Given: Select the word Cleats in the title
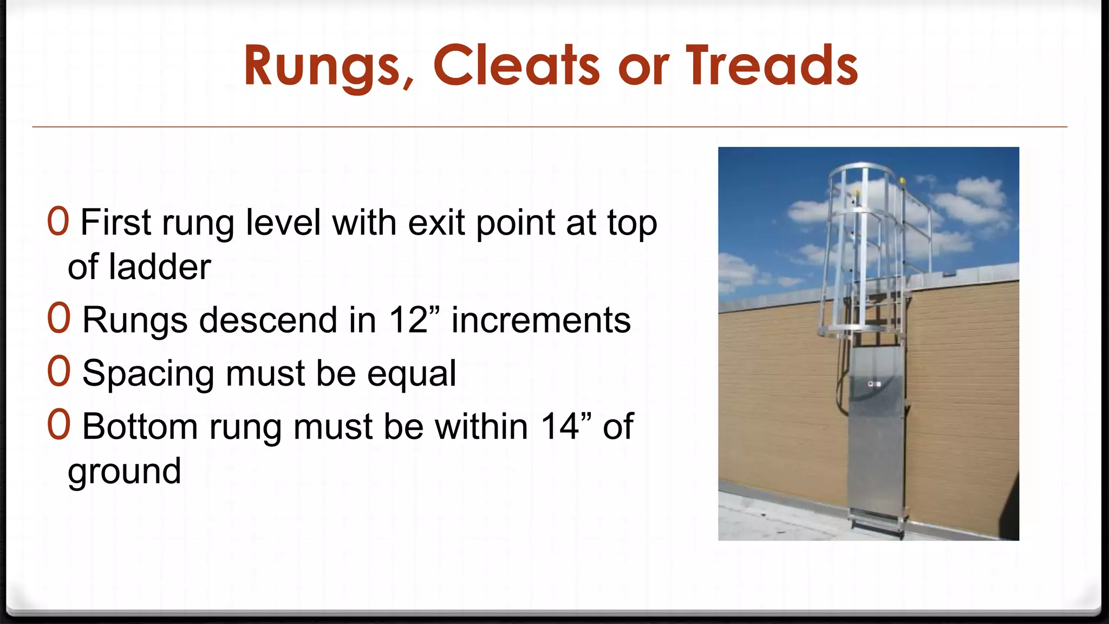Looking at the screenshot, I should [x=517, y=66].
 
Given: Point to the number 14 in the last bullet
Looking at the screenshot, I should [x=560, y=426].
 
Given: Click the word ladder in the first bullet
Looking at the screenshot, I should [x=160, y=267].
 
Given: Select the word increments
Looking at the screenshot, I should [x=541, y=320].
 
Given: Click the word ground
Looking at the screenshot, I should [x=124, y=471].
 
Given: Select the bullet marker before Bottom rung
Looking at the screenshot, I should [x=58, y=425].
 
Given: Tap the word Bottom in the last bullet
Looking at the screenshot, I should [x=140, y=426].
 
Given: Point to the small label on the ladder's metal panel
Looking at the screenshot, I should [x=874, y=384].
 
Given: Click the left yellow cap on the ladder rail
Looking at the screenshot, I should [x=856, y=192].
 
